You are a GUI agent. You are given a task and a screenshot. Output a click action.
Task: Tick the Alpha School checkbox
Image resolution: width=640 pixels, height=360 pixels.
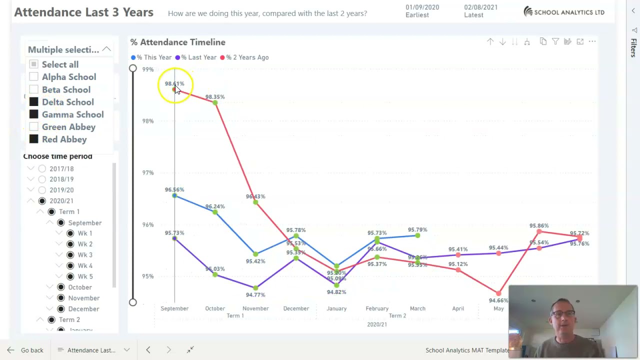(33, 76)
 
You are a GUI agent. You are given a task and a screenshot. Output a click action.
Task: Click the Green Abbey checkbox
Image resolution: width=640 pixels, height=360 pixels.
(33, 127)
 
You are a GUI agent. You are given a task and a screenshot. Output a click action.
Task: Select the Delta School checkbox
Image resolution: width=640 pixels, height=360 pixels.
(33, 102)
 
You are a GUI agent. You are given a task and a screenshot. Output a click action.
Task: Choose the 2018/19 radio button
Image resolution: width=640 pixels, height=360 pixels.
(42, 179)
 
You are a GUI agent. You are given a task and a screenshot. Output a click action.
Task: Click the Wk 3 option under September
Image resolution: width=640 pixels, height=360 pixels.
(70, 255)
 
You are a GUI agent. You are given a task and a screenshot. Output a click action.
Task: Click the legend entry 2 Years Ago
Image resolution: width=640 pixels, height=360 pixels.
(247, 57)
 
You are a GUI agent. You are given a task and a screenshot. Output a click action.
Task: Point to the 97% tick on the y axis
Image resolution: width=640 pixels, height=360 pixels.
(147, 172)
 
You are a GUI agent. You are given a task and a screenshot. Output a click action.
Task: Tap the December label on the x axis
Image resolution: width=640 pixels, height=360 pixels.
(296, 308)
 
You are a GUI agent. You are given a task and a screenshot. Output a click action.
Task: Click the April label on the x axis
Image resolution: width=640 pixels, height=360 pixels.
(458, 308)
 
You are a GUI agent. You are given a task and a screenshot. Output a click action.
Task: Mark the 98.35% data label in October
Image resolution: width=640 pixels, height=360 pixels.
(215, 96)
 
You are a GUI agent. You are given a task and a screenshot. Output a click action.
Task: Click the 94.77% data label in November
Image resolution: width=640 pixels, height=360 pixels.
(255, 295)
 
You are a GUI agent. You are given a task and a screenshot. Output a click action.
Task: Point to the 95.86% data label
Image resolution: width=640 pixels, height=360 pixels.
(539, 226)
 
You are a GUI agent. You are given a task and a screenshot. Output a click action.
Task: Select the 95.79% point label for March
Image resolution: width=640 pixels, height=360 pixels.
(417, 230)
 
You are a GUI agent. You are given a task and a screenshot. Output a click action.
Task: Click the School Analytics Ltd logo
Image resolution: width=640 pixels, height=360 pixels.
(563, 12)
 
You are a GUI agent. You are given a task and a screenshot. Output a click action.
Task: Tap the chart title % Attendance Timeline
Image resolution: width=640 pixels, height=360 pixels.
(178, 42)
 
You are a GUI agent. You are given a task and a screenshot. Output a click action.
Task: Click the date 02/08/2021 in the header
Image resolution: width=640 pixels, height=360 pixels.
(480, 7)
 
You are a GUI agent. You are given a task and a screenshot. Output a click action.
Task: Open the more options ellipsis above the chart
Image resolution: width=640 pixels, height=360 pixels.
(592, 42)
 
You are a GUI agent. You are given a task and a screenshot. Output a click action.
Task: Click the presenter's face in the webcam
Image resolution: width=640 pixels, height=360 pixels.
(563, 317)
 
